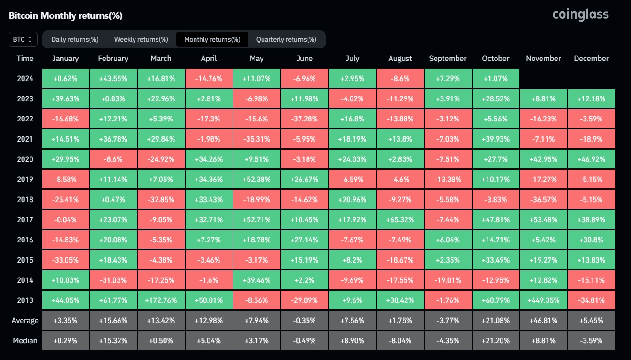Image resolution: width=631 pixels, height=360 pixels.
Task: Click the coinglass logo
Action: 580,15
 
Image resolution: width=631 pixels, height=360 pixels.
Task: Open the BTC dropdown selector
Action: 23,39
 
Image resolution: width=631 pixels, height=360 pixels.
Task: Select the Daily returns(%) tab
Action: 75,39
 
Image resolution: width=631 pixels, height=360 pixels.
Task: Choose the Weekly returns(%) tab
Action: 141,39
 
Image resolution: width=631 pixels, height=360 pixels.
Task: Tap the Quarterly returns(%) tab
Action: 286,39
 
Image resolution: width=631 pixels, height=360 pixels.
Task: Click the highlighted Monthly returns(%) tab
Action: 212,39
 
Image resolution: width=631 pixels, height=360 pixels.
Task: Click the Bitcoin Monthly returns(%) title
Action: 66,15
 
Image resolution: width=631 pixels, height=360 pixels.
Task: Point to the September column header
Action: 448,59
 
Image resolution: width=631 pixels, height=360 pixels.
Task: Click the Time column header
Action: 25,59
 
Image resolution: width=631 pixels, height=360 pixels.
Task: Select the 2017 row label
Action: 25,220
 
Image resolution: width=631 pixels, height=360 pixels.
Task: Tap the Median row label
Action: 25,340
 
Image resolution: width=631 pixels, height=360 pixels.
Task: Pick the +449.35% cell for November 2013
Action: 543,300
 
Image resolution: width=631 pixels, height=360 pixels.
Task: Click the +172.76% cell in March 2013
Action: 161,300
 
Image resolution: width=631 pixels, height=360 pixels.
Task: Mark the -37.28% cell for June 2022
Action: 304,119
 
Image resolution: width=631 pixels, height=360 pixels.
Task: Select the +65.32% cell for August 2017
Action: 400,220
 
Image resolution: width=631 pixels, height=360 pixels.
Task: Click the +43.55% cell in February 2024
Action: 113,79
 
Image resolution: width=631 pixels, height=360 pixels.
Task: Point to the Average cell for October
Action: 496,321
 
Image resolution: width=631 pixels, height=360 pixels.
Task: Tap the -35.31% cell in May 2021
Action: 256,139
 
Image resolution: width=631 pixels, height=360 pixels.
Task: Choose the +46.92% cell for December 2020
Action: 591,159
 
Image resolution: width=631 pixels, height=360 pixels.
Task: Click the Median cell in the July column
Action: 352,341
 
